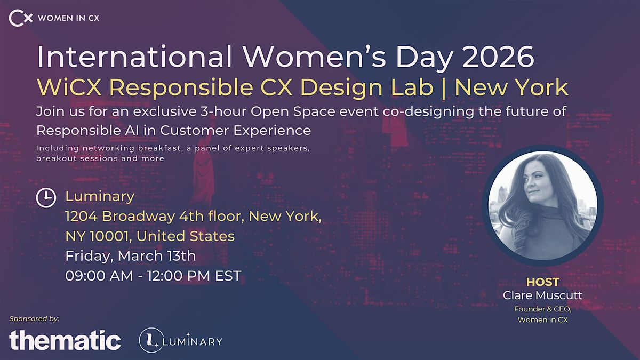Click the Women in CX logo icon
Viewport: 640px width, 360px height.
click(21, 18)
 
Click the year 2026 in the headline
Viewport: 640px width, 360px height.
click(498, 57)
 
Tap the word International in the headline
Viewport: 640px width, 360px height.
click(134, 57)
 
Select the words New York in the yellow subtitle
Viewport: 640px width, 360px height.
click(511, 87)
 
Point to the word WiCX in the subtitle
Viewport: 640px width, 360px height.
click(69, 87)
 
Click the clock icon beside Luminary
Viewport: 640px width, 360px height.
click(46, 197)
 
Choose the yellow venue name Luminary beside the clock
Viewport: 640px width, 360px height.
click(100, 196)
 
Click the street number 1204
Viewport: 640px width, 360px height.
click(82, 216)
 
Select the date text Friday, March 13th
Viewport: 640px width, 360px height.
click(131, 256)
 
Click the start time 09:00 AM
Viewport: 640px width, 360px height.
click(99, 276)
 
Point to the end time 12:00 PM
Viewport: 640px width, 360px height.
click(179, 276)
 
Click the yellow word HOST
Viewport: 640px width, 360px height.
click(542, 282)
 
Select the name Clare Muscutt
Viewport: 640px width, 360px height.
click(542, 295)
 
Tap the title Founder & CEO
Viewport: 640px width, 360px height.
click(542, 309)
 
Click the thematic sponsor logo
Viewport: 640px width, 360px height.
click(65, 340)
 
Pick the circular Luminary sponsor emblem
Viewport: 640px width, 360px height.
click(151, 340)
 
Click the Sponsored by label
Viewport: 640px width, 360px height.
click(34, 318)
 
